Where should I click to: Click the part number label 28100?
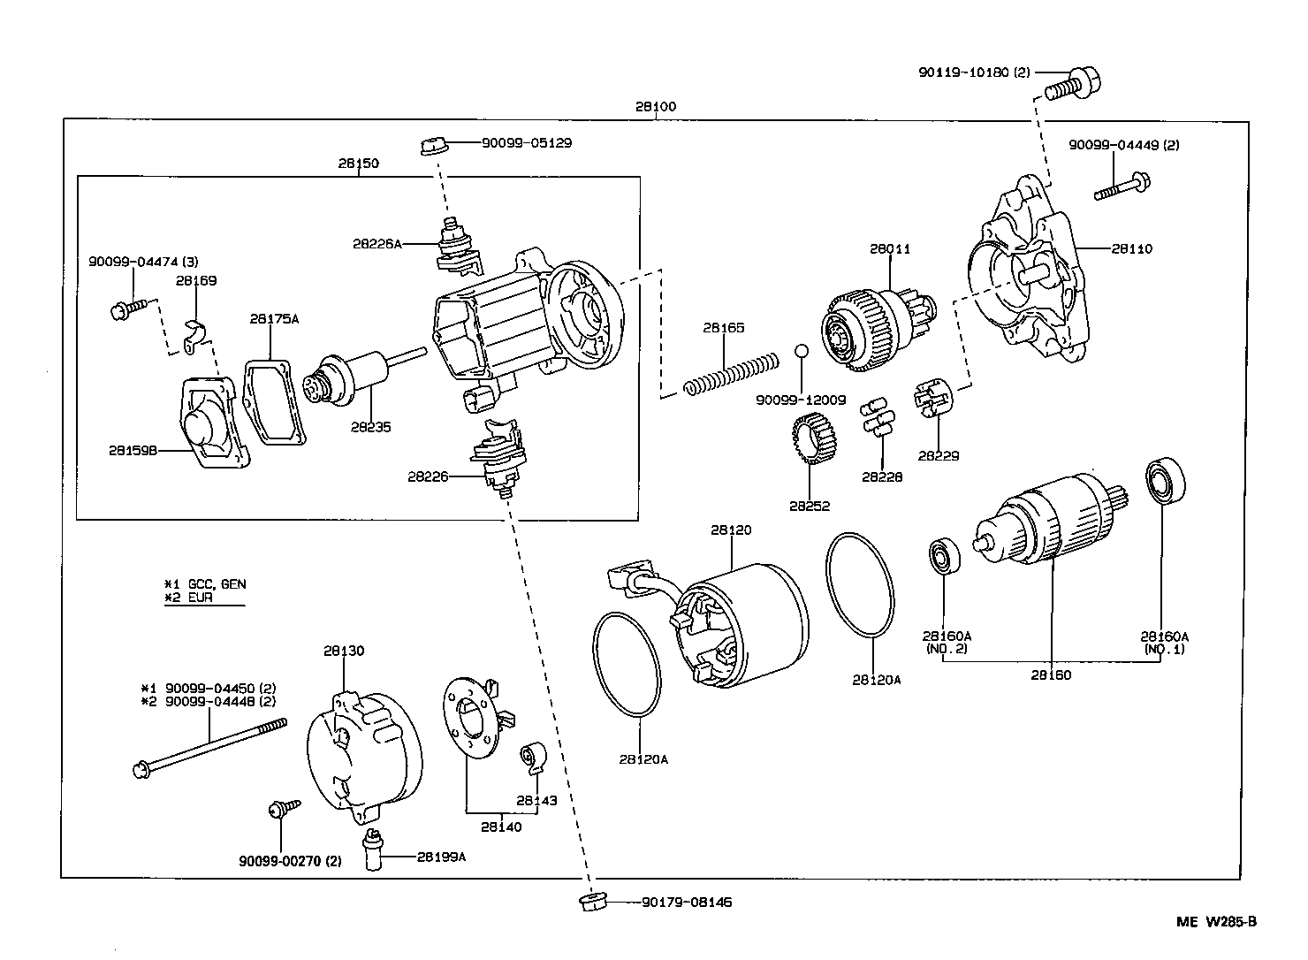tap(655, 106)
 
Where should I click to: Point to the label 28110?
tap(1131, 249)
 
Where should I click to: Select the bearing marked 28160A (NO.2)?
tap(943, 557)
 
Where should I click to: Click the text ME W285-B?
tap(1215, 922)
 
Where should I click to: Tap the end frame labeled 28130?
tap(362, 751)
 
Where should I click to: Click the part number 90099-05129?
tap(526, 142)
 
